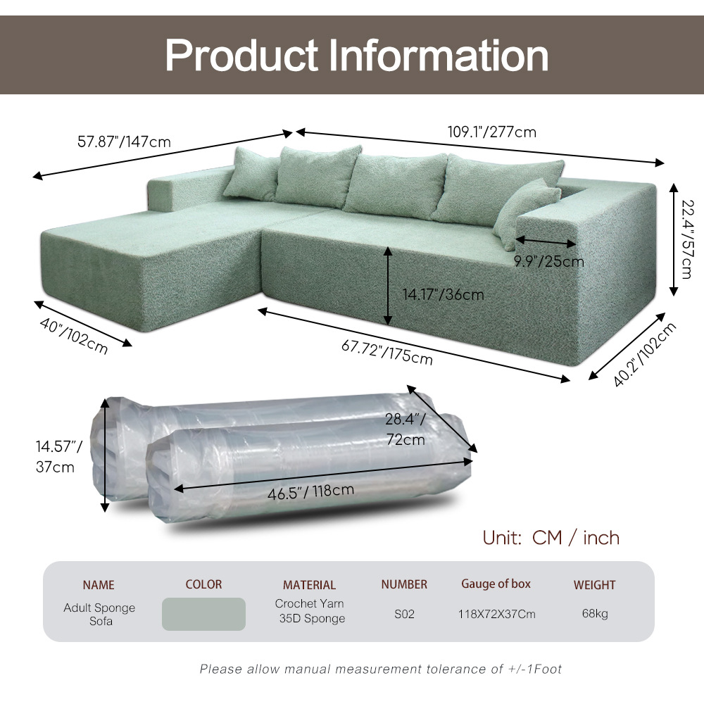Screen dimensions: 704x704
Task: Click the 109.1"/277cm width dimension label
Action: tap(492, 132)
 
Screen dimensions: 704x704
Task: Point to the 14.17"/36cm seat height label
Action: tap(443, 294)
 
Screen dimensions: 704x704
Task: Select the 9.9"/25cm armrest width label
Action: tap(548, 261)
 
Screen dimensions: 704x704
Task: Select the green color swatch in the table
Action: tap(203, 614)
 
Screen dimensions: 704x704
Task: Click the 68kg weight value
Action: tap(595, 614)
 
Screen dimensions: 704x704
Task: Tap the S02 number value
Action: tap(404, 614)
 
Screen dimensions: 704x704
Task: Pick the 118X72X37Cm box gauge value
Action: tap(496, 614)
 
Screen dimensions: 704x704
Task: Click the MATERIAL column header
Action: tap(309, 585)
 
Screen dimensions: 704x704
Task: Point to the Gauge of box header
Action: tap(496, 584)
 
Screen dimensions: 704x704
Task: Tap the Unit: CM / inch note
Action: tap(551, 538)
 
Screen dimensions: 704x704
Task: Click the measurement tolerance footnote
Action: tap(381, 669)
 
